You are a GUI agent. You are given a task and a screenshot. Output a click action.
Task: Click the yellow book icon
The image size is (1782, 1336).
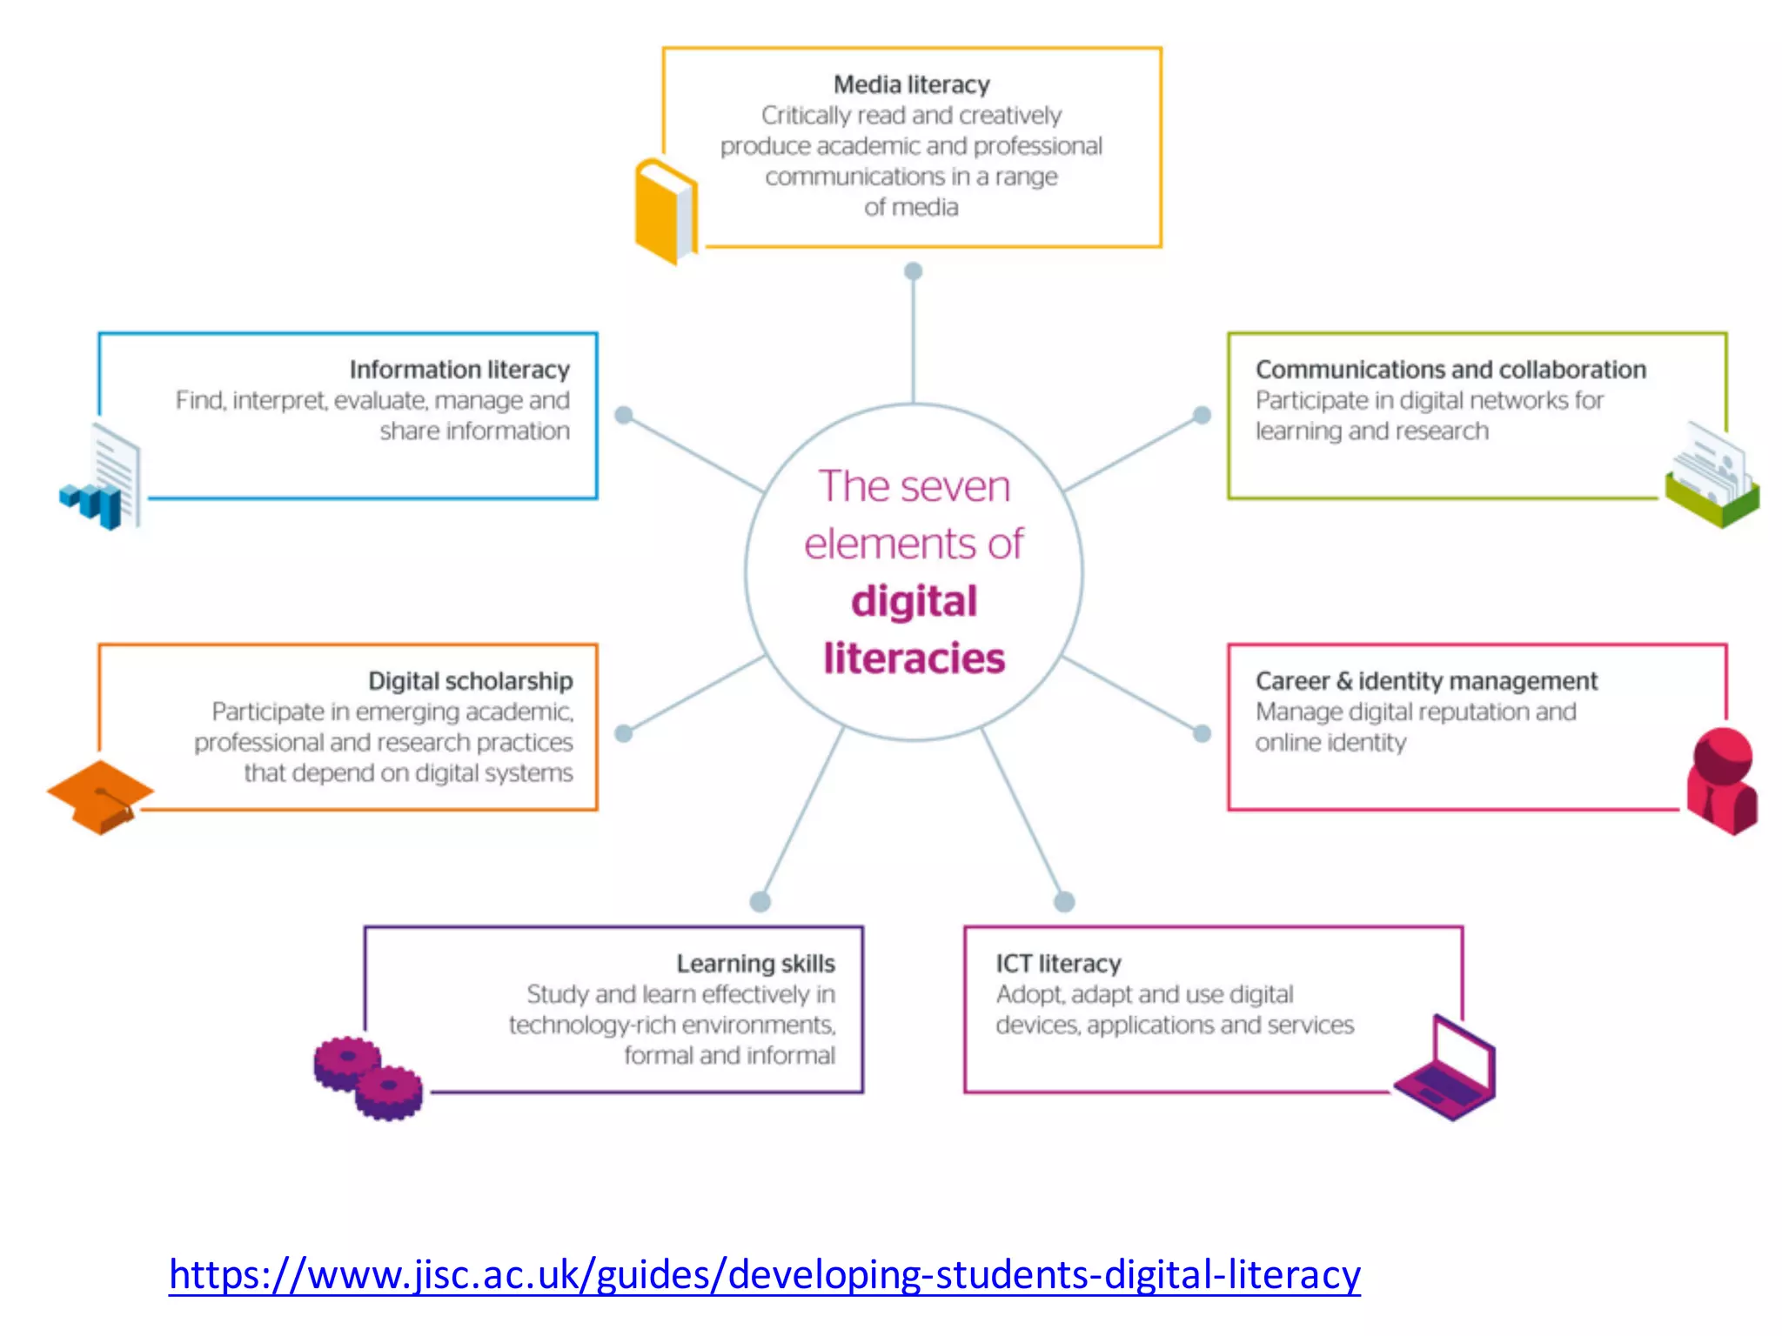pyautogui.click(x=666, y=210)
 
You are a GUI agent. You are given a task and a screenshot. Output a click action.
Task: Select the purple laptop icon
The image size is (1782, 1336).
pyautogui.click(x=1445, y=1068)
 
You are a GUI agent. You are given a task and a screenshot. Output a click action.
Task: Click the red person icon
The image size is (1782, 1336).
pyautogui.click(x=1722, y=780)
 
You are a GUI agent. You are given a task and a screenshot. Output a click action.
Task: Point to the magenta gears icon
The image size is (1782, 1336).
pyautogui.click(x=368, y=1078)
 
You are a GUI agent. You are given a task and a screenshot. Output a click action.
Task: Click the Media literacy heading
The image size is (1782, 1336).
pyautogui.click(x=911, y=84)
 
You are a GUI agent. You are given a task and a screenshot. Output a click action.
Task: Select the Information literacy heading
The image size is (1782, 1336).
pyautogui.click(x=459, y=370)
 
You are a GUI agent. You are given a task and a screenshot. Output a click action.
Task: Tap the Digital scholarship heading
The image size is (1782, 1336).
pyautogui.click(x=470, y=681)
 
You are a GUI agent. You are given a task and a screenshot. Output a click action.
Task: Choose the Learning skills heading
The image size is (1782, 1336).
pyautogui.click(x=755, y=964)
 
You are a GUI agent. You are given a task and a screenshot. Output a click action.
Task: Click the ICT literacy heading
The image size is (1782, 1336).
pyautogui.click(x=1058, y=964)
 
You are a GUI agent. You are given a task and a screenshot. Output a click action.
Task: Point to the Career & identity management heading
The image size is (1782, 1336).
pyautogui.click(x=1426, y=681)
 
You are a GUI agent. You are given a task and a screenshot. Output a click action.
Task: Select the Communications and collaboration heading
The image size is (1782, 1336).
pyautogui.click(x=1450, y=370)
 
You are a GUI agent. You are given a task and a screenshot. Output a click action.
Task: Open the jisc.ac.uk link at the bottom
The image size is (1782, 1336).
pyautogui.click(x=764, y=1275)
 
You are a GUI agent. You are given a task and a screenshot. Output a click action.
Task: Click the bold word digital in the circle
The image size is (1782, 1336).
pyautogui.click(x=914, y=601)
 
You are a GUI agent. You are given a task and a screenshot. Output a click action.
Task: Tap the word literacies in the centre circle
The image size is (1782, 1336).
pyautogui.click(x=914, y=658)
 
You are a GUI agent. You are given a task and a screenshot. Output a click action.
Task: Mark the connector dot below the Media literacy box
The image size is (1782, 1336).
pyautogui.click(x=913, y=271)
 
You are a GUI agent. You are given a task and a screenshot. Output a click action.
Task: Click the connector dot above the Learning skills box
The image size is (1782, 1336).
pyautogui.click(x=760, y=901)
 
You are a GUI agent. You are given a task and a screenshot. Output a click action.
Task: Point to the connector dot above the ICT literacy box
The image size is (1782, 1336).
pyautogui.click(x=1064, y=901)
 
